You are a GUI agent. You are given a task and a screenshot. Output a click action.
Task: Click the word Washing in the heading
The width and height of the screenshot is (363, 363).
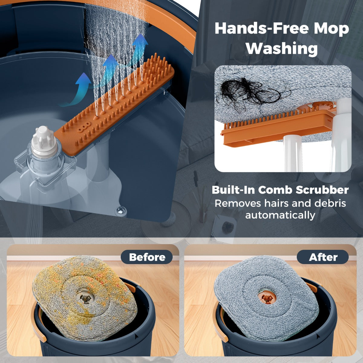282,49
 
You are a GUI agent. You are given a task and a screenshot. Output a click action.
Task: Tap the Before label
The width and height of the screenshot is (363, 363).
147,257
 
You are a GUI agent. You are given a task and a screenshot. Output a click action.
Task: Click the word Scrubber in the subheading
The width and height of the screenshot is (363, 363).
322,190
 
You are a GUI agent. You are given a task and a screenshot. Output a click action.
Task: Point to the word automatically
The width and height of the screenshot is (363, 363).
280,215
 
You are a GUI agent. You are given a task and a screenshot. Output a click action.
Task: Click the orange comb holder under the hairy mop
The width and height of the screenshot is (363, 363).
277,126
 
